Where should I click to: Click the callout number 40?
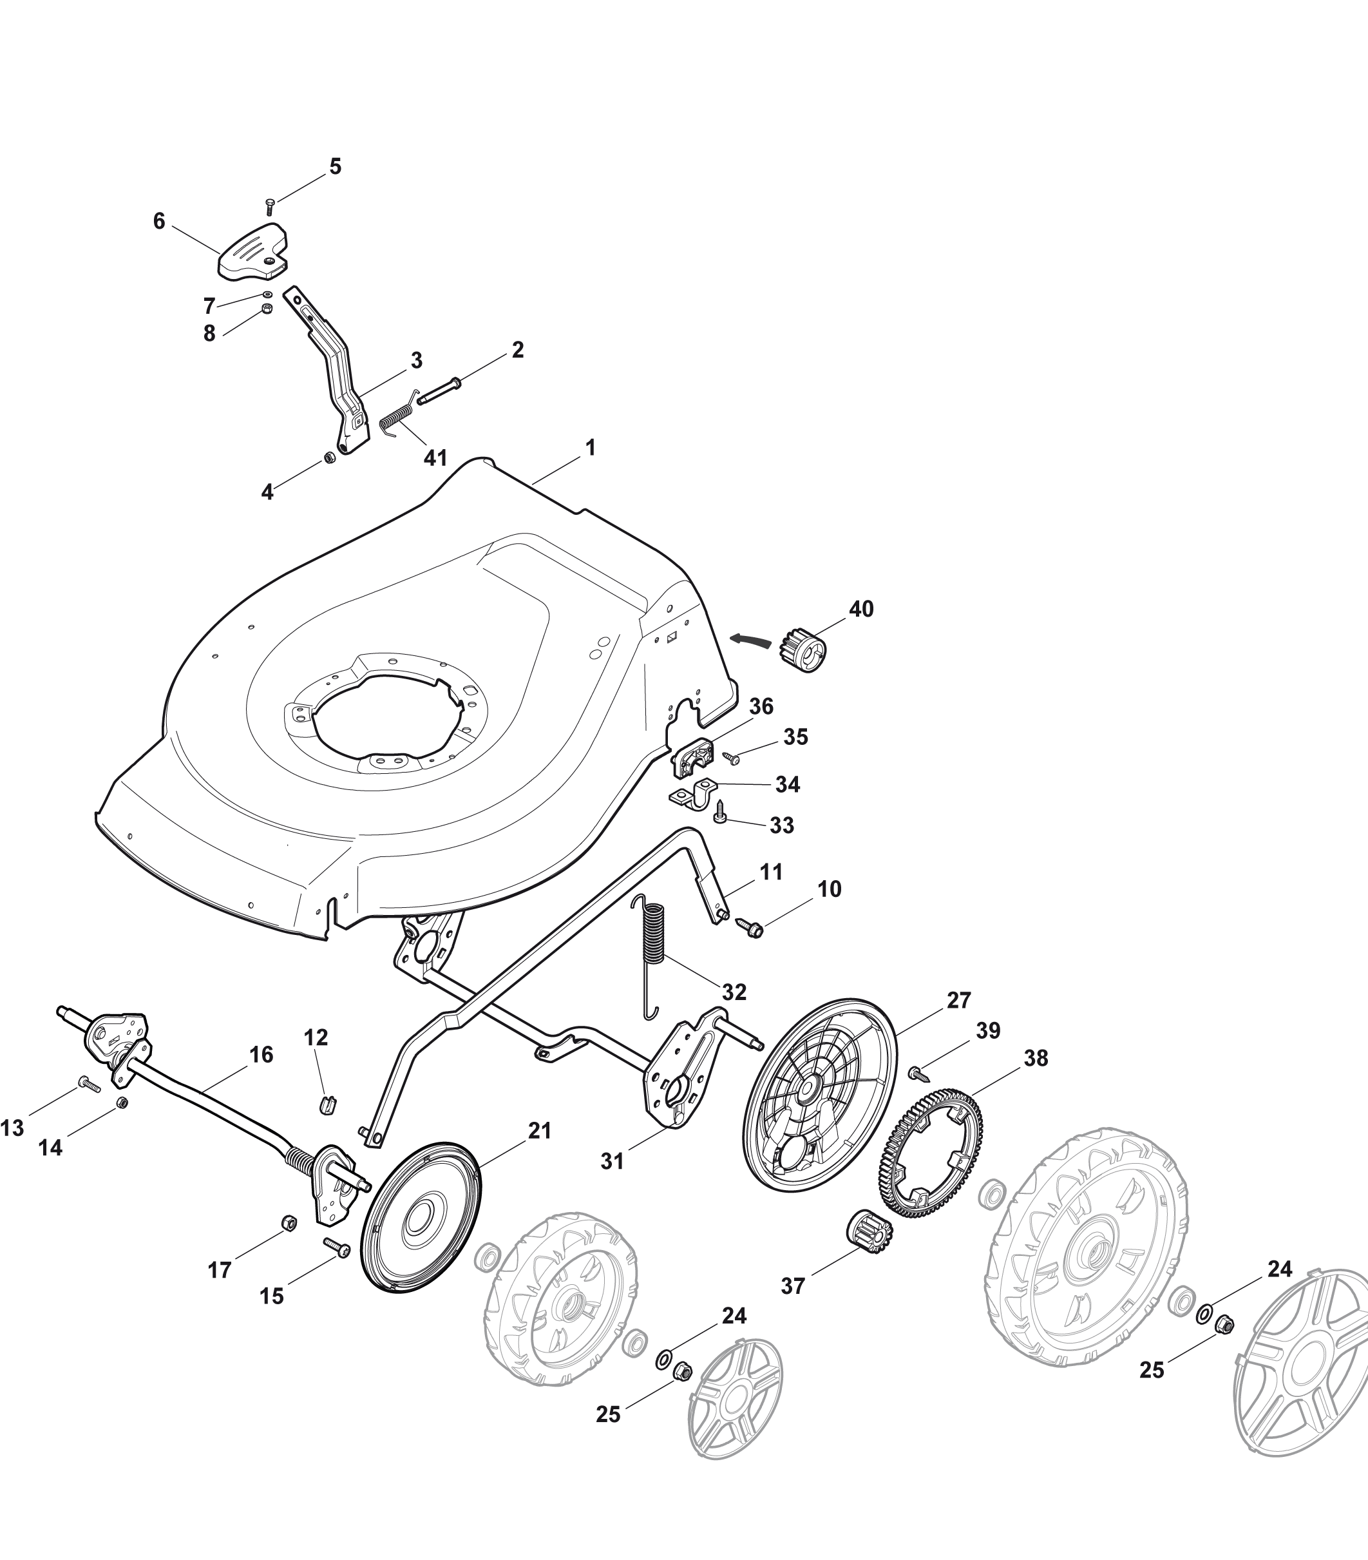coord(861,609)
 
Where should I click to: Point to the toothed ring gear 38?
coord(933,1164)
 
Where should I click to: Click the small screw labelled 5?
coord(269,206)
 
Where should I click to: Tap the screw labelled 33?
coord(721,818)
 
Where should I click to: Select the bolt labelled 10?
coord(750,928)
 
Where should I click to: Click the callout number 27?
coord(959,1000)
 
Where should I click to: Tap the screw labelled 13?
coord(90,1084)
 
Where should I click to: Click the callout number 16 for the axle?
coord(261,1055)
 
